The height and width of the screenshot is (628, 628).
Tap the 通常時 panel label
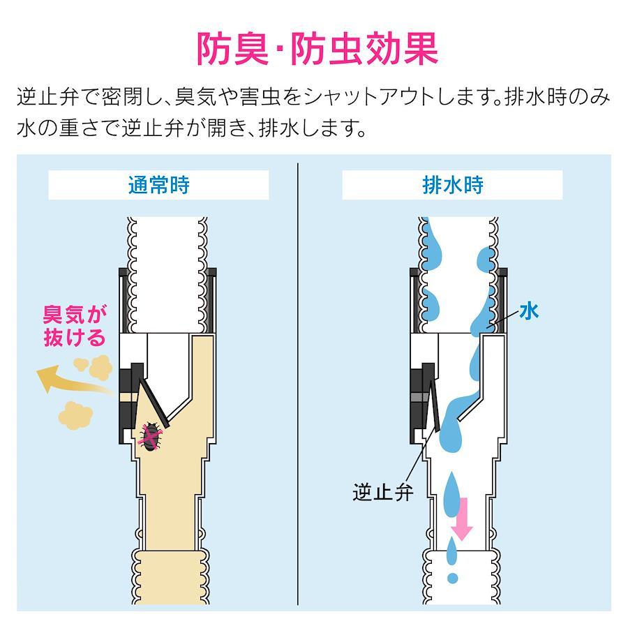pos(158,185)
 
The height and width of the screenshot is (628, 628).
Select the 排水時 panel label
pos(453,185)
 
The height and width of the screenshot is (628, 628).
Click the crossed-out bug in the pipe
pos(151,435)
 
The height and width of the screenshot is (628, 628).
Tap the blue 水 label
pos(529,311)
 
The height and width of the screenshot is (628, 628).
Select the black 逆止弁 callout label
pos(382,492)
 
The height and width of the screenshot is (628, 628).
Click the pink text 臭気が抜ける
pos(75,326)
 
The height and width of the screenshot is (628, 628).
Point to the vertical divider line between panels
pos(298,384)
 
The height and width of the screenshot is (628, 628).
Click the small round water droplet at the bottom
pos(453,578)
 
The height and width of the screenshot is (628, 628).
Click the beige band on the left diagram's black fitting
pos(129,397)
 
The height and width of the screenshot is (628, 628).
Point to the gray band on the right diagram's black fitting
pos(420,397)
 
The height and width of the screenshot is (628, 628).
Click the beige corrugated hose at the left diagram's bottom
pos(171,577)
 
